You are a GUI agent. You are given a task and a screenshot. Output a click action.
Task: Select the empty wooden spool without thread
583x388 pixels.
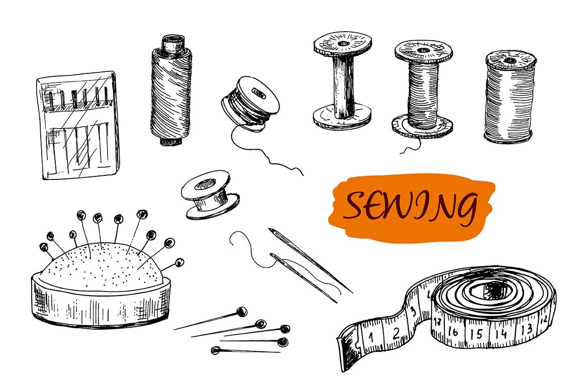click(x=342, y=80)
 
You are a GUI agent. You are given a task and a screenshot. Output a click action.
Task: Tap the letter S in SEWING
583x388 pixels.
click(x=356, y=205)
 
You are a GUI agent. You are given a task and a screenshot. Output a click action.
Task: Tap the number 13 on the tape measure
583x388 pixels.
click(x=526, y=329)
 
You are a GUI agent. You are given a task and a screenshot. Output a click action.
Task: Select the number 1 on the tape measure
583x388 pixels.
click(x=371, y=337)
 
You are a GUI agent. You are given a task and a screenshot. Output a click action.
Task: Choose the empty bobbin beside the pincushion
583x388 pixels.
click(x=210, y=195)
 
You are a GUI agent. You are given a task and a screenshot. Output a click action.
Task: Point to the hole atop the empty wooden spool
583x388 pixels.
click(x=343, y=44)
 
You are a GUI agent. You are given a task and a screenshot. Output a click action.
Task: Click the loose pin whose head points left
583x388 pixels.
click(x=245, y=350)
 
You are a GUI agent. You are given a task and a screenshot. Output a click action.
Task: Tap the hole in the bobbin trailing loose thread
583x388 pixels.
click(x=258, y=93)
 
